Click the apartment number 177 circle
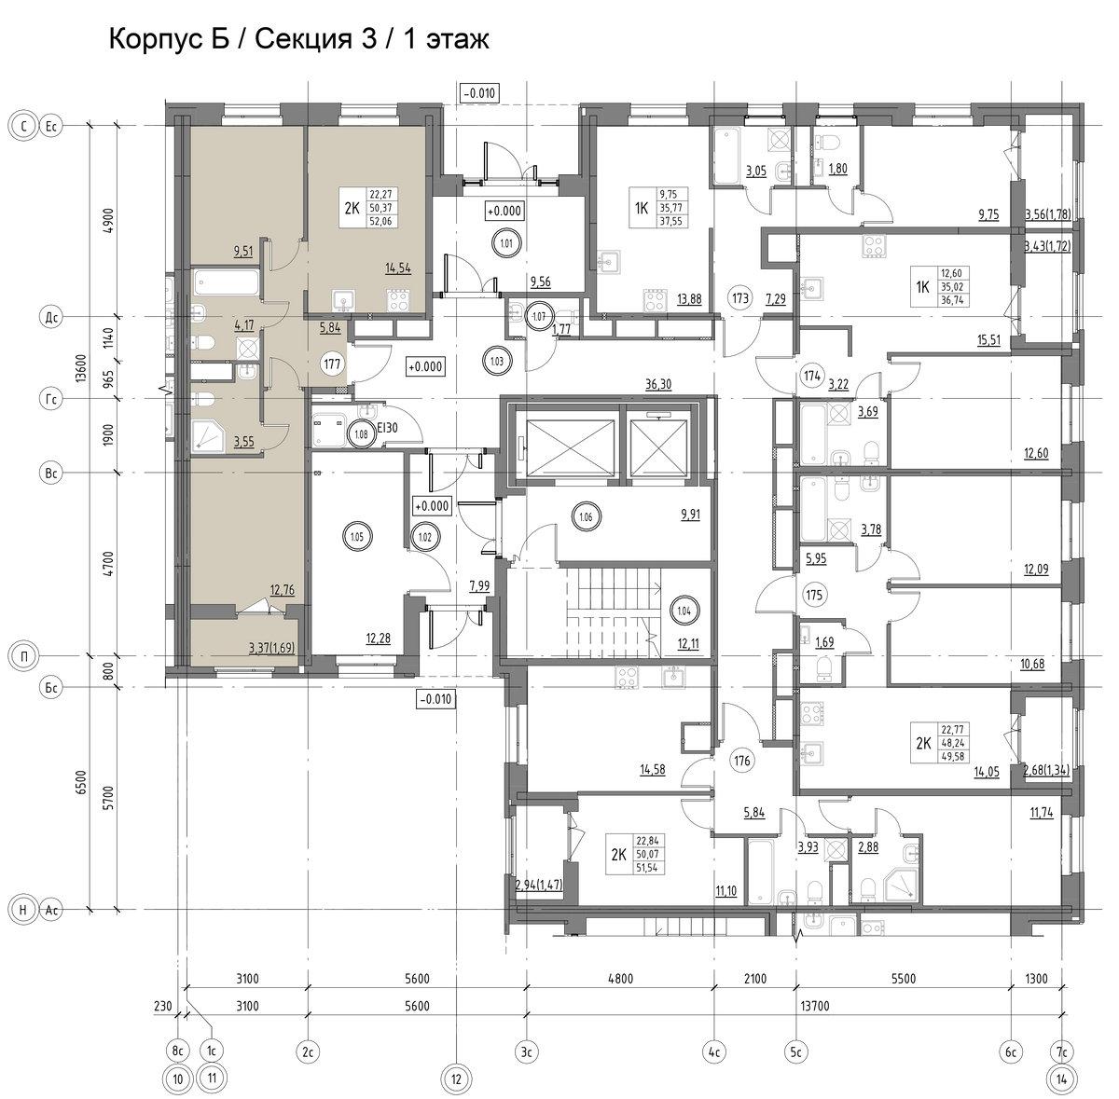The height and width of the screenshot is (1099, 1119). coord(332,364)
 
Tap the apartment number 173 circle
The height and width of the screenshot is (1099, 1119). coord(739,298)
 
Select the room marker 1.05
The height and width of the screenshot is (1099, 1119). coord(356,537)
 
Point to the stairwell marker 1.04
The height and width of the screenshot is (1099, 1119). coord(684,611)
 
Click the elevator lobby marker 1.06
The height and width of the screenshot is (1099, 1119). coord(586,516)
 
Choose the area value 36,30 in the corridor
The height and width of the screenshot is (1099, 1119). coord(658,384)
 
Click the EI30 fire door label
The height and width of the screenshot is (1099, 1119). coord(387,428)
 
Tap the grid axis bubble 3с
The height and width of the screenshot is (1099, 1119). coord(526,1051)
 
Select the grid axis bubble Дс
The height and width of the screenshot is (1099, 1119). coord(51,318)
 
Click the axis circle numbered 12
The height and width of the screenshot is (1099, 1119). coord(456,1079)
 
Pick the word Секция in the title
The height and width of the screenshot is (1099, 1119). coord(303,39)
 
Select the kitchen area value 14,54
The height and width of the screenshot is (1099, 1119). coord(398,268)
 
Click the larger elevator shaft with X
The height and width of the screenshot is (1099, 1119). coord(570,447)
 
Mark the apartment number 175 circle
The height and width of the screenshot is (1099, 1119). coord(814,595)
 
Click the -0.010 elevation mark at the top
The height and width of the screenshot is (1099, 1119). coord(479,93)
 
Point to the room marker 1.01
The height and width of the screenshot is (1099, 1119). coord(506,243)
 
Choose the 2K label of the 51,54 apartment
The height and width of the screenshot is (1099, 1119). coord(619,855)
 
